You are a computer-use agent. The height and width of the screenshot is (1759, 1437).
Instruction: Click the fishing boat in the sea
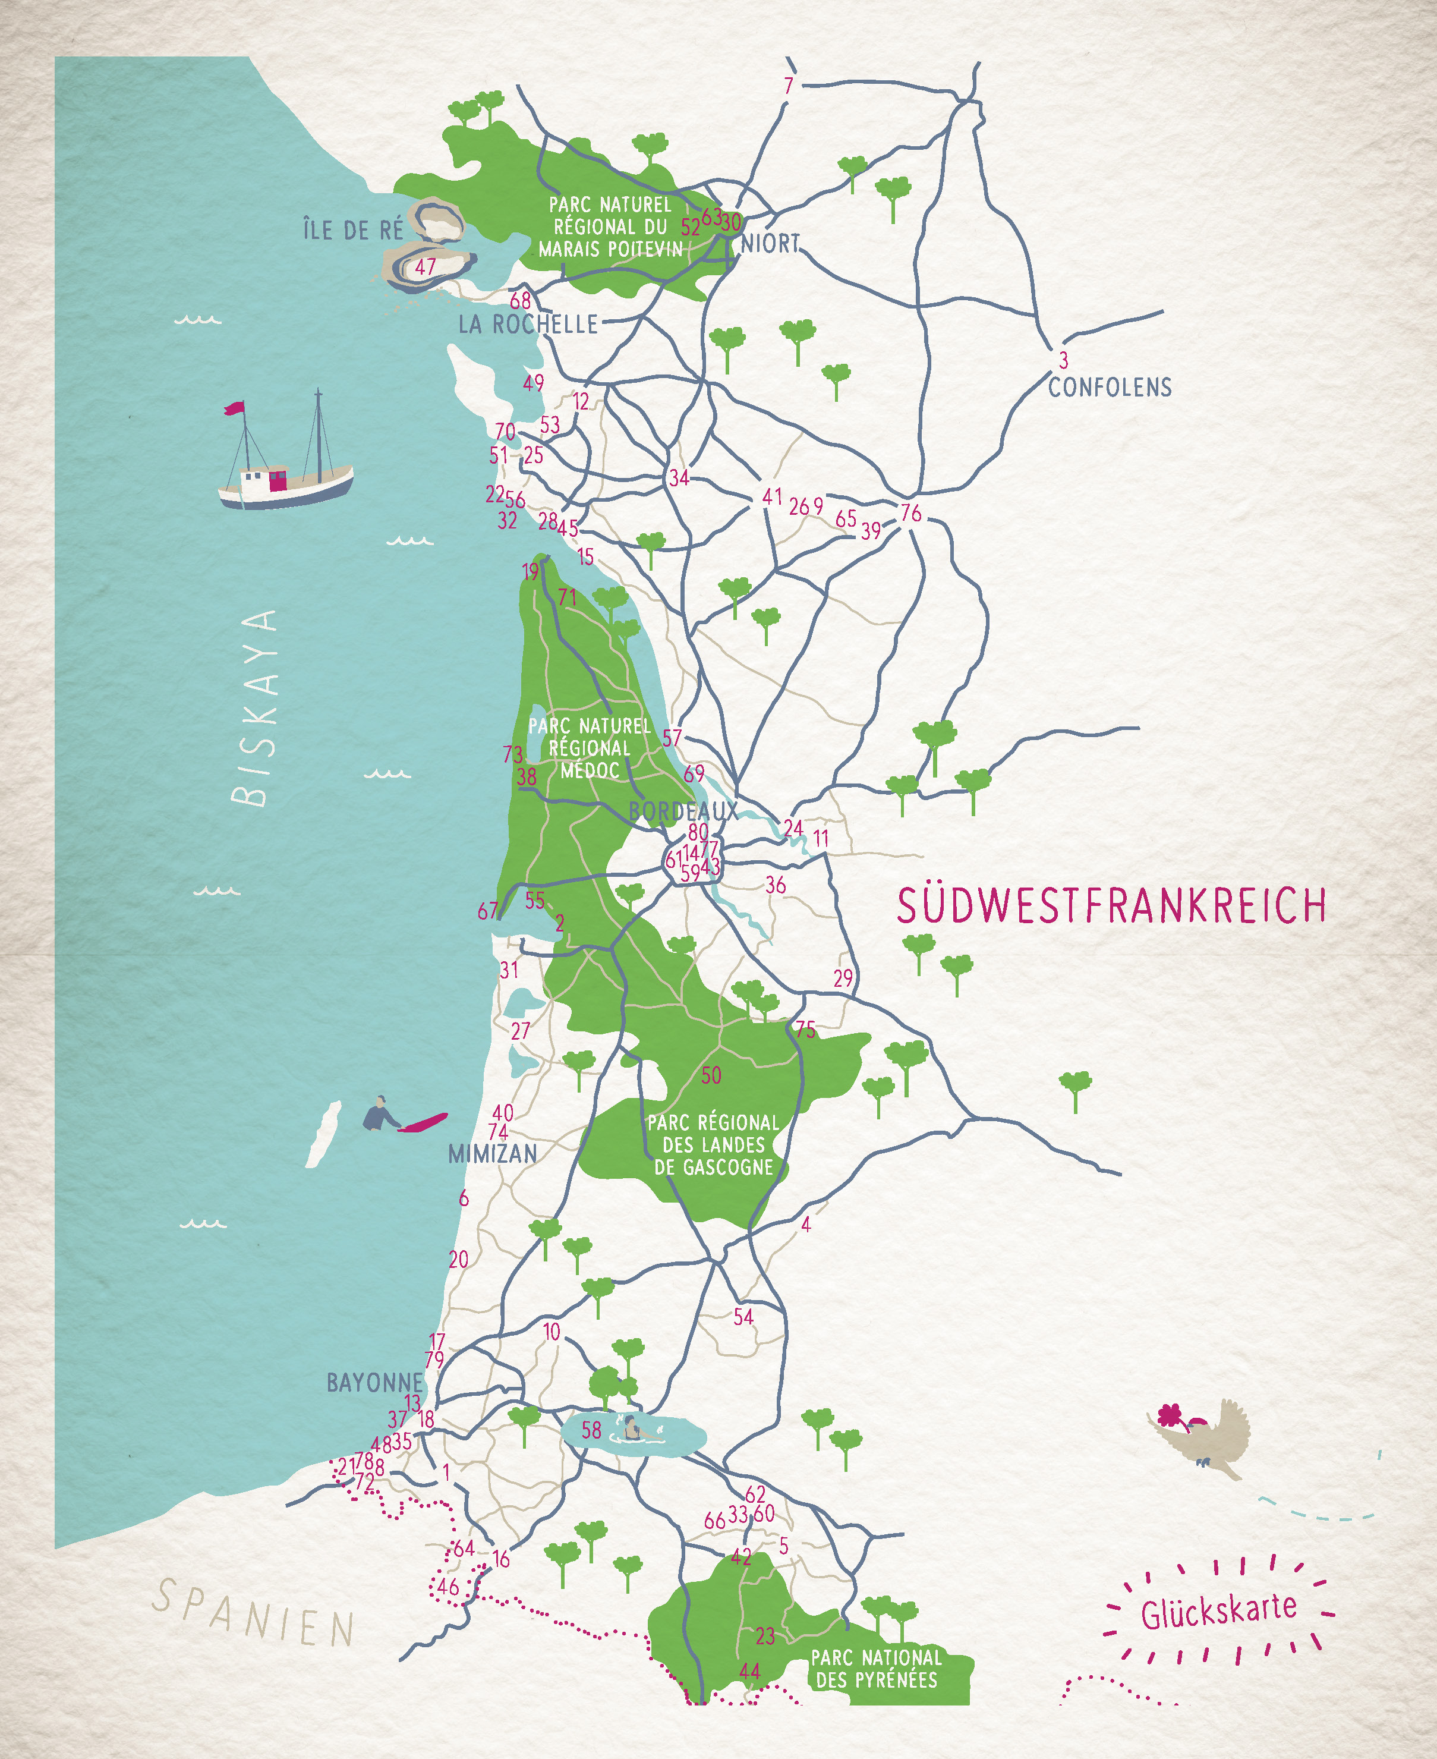coord(286,480)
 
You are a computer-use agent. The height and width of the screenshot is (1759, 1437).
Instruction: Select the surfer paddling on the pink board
coord(381,1116)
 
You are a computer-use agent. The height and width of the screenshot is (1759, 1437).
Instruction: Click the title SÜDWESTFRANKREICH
coord(1112,905)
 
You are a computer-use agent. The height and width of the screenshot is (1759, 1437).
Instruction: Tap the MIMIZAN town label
coord(493,1154)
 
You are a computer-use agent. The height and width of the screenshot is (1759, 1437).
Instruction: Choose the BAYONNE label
coord(374,1382)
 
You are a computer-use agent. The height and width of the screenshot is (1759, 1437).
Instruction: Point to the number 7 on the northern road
coord(788,85)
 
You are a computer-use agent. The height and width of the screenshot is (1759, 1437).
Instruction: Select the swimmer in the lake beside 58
coord(631,1427)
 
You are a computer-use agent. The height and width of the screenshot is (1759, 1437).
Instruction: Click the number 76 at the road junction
coord(910,513)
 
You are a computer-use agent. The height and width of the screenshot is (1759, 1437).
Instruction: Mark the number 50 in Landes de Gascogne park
coord(711,1075)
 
